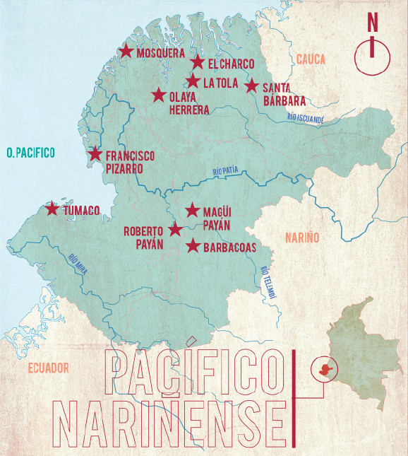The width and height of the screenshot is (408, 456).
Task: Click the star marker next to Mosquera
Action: click(x=126, y=51)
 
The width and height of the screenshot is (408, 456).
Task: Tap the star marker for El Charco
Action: click(x=198, y=63)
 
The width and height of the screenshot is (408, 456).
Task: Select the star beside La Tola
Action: click(x=193, y=81)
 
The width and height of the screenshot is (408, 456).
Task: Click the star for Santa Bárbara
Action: click(x=251, y=86)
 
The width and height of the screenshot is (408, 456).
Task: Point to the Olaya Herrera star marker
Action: click(x=159, y=95)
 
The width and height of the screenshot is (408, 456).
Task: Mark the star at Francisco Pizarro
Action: click(x=95, y=154)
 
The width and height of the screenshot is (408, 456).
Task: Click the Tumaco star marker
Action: click(x=52, y=209)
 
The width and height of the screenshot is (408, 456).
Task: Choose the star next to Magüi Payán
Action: click(x=192, y=210)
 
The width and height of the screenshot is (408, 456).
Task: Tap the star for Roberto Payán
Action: click(x=176, y=230)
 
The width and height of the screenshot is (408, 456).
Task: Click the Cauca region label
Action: click(x=311, y=60)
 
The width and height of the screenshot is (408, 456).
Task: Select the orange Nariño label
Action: click(x=302, y=238)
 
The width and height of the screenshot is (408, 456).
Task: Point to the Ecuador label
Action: click(x=49, y=368)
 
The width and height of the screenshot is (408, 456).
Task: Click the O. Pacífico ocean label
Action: click(x=30, y=152)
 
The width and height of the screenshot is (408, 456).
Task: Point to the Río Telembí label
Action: click(x=266, y=282)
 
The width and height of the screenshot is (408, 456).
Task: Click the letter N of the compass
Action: click(x=372, y=22)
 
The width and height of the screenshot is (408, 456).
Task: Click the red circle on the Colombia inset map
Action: click(x=324, y=368)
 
